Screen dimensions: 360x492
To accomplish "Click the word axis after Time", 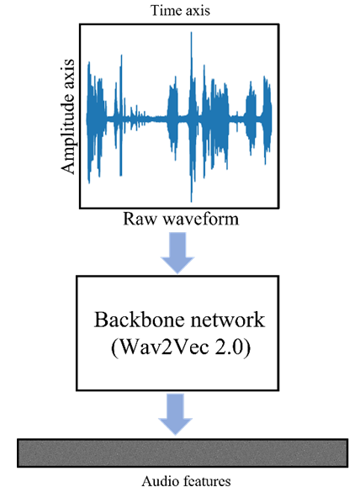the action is click(197, 10).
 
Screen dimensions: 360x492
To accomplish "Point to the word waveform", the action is click(201, 219).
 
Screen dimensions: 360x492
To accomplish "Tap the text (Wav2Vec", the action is click(160, 347).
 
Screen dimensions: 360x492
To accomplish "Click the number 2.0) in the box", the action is click(233, 347).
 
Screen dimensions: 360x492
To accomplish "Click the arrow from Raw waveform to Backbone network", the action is click(177, 253).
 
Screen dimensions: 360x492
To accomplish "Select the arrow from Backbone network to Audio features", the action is click(176, 414).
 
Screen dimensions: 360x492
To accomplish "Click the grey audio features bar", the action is click(183, 453).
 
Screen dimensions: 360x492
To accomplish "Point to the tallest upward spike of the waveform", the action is click(191, 33).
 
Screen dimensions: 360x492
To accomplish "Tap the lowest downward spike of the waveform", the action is click(191, 201).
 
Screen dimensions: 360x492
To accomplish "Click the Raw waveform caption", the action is click(181, 219).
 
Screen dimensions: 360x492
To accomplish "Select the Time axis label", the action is click(181, 10).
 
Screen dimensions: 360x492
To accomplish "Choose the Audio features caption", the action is click(186, 481).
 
